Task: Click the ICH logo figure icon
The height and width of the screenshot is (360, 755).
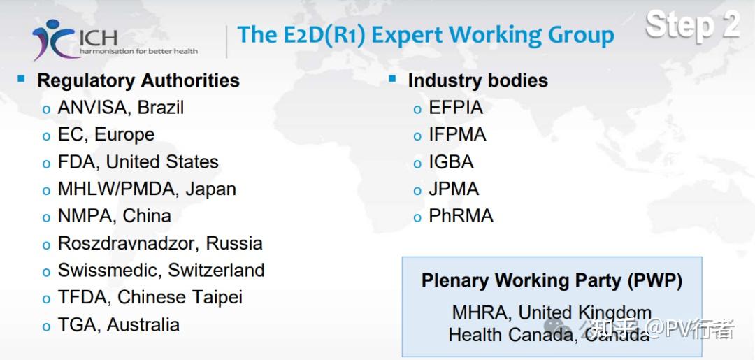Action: pos(53,39)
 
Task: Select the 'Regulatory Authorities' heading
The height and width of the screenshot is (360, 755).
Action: pos(138,80)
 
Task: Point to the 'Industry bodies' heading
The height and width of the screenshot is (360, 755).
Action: pos(477,80)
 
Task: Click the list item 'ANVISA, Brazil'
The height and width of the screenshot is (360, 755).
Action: pos(120,108)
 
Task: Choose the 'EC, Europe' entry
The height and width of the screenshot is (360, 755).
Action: pos(106,134)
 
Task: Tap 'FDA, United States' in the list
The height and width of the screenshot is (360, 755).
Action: pos(138,161)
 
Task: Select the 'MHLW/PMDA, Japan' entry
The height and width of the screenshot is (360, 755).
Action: pos(147,189)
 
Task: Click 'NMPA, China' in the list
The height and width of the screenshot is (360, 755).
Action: pos(114,215)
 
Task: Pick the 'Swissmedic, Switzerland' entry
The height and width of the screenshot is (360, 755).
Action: pos(161,270)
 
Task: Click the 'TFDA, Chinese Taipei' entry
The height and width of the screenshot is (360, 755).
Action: pos(150,297)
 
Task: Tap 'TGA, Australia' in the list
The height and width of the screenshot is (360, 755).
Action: pos(118,325)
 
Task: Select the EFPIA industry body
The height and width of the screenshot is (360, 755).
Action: pos(456,108)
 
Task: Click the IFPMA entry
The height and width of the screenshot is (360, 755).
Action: pos(457,134)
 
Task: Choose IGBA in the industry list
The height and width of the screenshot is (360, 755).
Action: pos(451,161)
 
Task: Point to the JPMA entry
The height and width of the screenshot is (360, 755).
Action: pos(454,189)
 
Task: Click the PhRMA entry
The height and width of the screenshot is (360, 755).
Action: pos(461,215)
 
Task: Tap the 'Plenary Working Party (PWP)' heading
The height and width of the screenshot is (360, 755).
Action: pos(552,280)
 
